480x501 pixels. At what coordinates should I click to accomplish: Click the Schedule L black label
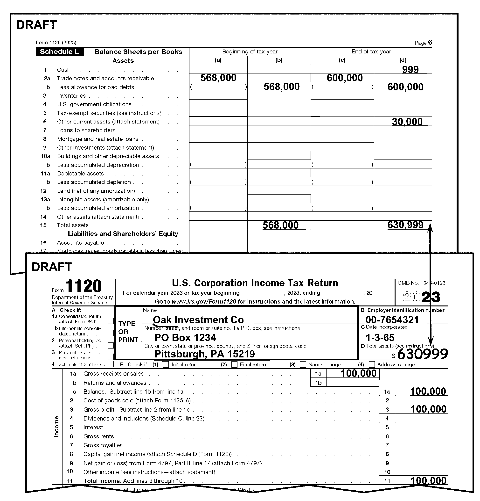tap(59, 52)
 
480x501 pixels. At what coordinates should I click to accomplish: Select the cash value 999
tap(410, 70)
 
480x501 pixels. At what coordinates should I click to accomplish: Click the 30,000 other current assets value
tap(407, 122)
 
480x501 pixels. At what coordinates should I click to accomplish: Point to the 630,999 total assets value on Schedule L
tap(405, 225)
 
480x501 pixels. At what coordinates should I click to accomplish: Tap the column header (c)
tap(342, 60)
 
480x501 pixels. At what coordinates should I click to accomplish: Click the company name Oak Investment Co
tap(198, 320)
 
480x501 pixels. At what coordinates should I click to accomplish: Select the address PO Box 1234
tap(185, 337)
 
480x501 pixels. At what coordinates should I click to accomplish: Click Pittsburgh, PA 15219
tap(205, 354)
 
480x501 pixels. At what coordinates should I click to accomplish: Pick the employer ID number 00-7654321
tap(392, 320)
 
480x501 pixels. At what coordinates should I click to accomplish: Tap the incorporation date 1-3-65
tap(380, 337)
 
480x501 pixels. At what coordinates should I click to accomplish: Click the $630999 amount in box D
tap(422, 354)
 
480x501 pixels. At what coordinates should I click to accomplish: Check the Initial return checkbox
tap(166, 364)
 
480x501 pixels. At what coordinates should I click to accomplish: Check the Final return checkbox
tap(234, 364)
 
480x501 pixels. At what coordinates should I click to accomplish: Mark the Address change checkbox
tap(372, 364)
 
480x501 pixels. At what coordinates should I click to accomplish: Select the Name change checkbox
tap(303, 364)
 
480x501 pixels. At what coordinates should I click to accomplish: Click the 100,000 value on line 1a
tap(359, 373)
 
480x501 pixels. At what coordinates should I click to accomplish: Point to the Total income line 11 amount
tap(428, 480)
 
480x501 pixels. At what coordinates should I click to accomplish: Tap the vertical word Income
tap(56, 426)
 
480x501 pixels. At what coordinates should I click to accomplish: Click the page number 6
tap(430, 43)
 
